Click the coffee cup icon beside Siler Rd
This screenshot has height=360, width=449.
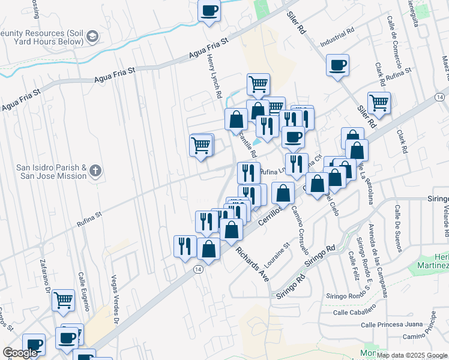tap(337, 64)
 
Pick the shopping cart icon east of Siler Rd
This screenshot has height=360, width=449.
tap(379, 103)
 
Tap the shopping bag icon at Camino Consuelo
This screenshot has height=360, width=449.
tap(283, 193)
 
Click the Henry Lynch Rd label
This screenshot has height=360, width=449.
tap(215, 76)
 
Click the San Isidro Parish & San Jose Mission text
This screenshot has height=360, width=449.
tap(52, 172)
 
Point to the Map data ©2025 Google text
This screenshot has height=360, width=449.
tap(412, 355)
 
